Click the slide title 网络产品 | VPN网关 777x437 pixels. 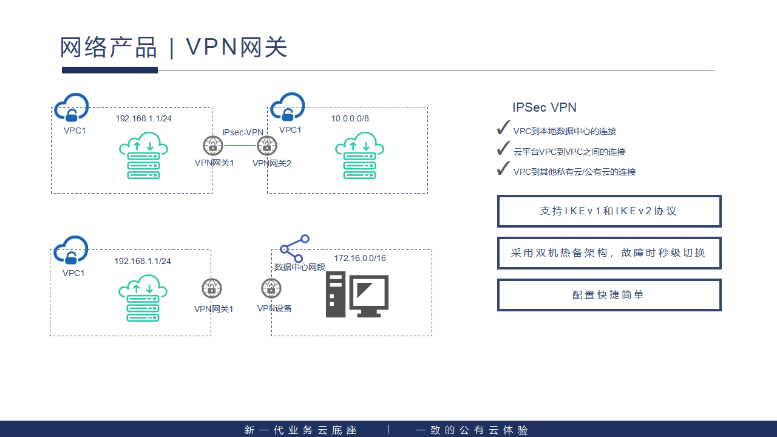pos(174,47)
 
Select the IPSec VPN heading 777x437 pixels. pos(545,107)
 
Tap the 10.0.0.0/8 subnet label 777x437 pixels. pos(350,118)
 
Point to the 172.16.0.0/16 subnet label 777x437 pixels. pos(360,258)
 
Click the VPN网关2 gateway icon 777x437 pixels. pos(266,146)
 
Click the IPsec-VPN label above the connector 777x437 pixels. pos(243,132)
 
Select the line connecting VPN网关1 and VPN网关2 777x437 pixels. pos(239,146)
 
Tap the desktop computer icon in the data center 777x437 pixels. pos(357,295)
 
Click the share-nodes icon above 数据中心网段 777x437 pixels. pos(294,248)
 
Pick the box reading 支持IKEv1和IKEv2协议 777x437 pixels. pos(609,211)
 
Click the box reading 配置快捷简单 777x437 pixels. pos(609,295)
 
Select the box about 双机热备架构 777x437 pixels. pos(609,253)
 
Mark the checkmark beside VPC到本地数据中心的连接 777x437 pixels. pos(503,128)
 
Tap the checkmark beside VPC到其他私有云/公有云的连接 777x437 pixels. pos(503,169)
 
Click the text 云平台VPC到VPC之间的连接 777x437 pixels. pos(569,152)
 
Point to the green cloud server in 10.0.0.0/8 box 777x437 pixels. pos(359,155)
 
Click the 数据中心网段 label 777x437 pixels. pos(300,267)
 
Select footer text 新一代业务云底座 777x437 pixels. pos(301,430)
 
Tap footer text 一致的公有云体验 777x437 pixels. pos(472,430)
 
